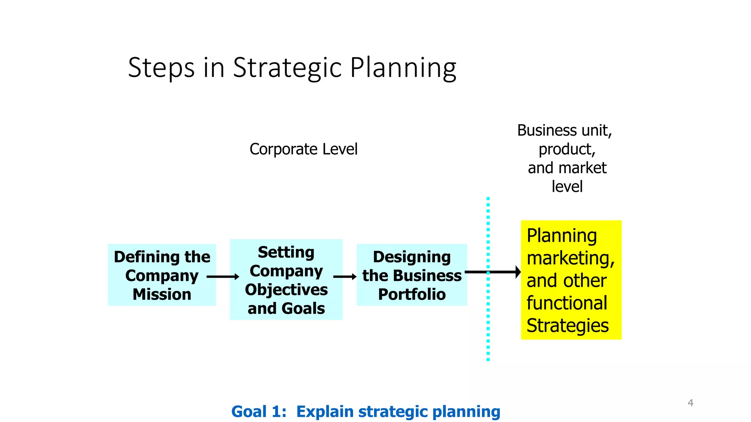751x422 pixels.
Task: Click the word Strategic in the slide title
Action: [x=288, y=68]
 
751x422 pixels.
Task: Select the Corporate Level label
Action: [x=303, y=149]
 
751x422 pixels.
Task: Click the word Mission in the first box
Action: [x=162, y=295]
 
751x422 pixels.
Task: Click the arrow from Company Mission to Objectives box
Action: [x=223, y=277]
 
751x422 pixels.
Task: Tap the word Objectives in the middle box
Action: [x=286, y=290]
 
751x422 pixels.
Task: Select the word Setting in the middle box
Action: [x=286, y=252]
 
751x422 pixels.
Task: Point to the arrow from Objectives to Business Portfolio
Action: [x=345, y=277]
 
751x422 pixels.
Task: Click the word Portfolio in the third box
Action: [x=412, y=295]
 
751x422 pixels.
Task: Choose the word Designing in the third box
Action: [x=412, y=257]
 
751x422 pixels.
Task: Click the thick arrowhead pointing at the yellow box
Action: [x=517, y=272]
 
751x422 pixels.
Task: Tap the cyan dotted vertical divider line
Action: [x=488, y=322]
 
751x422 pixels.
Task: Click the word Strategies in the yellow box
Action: [x=567, y=326]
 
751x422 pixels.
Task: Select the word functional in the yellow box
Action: [x=567, y=303]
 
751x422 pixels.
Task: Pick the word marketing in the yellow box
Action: [x=570, y=258]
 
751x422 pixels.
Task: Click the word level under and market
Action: [x=567, y=186]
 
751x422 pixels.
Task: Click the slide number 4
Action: [x=690, y=403]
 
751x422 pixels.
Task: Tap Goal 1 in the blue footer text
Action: [x=259, y=412]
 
